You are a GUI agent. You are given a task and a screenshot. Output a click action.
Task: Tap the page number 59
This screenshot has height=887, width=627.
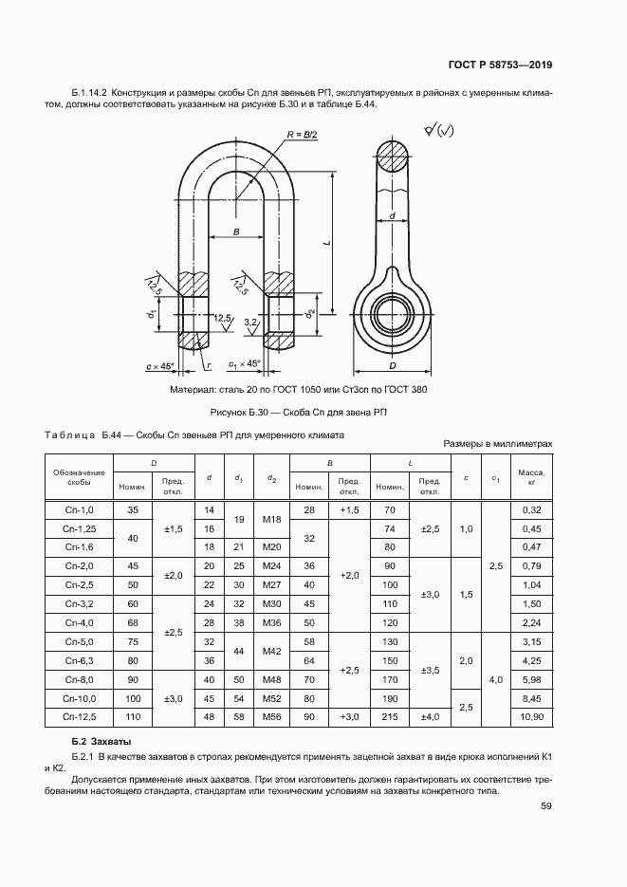point(546,806)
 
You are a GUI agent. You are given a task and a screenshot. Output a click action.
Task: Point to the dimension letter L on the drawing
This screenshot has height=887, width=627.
point(325,244)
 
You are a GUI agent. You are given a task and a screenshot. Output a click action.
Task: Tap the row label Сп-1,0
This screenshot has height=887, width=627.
point(79,510)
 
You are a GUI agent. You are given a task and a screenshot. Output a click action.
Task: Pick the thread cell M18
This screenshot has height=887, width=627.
point(271,519)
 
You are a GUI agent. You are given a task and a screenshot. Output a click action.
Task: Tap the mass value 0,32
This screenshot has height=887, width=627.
point(531,510)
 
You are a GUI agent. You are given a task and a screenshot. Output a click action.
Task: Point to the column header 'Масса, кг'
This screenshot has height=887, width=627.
point(531,476)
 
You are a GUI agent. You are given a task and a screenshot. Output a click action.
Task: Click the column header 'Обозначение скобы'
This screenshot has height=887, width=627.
point(79,476)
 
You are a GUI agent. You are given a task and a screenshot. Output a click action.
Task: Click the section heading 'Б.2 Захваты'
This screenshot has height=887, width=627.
point(101,740)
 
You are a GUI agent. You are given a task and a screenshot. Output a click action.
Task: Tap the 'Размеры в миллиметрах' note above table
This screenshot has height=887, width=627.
point(497,443)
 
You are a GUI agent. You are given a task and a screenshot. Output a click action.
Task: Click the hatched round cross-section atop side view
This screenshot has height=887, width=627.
point(391,157)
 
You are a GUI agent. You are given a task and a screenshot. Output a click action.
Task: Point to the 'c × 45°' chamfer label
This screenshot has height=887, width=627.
point(161,365)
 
